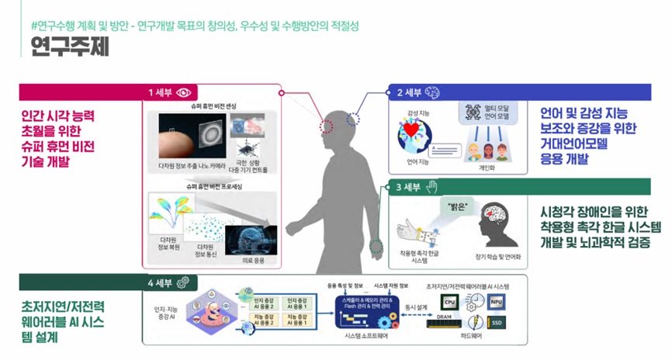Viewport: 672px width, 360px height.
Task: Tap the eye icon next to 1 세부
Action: coord(185,92)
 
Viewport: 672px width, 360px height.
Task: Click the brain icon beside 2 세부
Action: coord(433,92)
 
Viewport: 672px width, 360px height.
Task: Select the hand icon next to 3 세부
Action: coord(432,186)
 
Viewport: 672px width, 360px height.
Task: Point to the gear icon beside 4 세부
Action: coord(185,282)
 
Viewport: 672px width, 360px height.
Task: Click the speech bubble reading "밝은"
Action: coord(453,208)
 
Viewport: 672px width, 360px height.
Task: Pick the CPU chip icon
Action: coord(449,301)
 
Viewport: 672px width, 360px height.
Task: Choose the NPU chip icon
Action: coord(497,300)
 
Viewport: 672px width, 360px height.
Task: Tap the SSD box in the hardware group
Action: coord(497,322)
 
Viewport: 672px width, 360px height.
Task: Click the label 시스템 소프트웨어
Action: coord(365,335)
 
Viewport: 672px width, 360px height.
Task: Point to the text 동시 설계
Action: coord(417,306)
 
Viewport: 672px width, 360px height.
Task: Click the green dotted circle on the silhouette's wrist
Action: coord(378,248)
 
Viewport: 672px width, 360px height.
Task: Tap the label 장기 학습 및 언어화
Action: coord(497,255)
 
